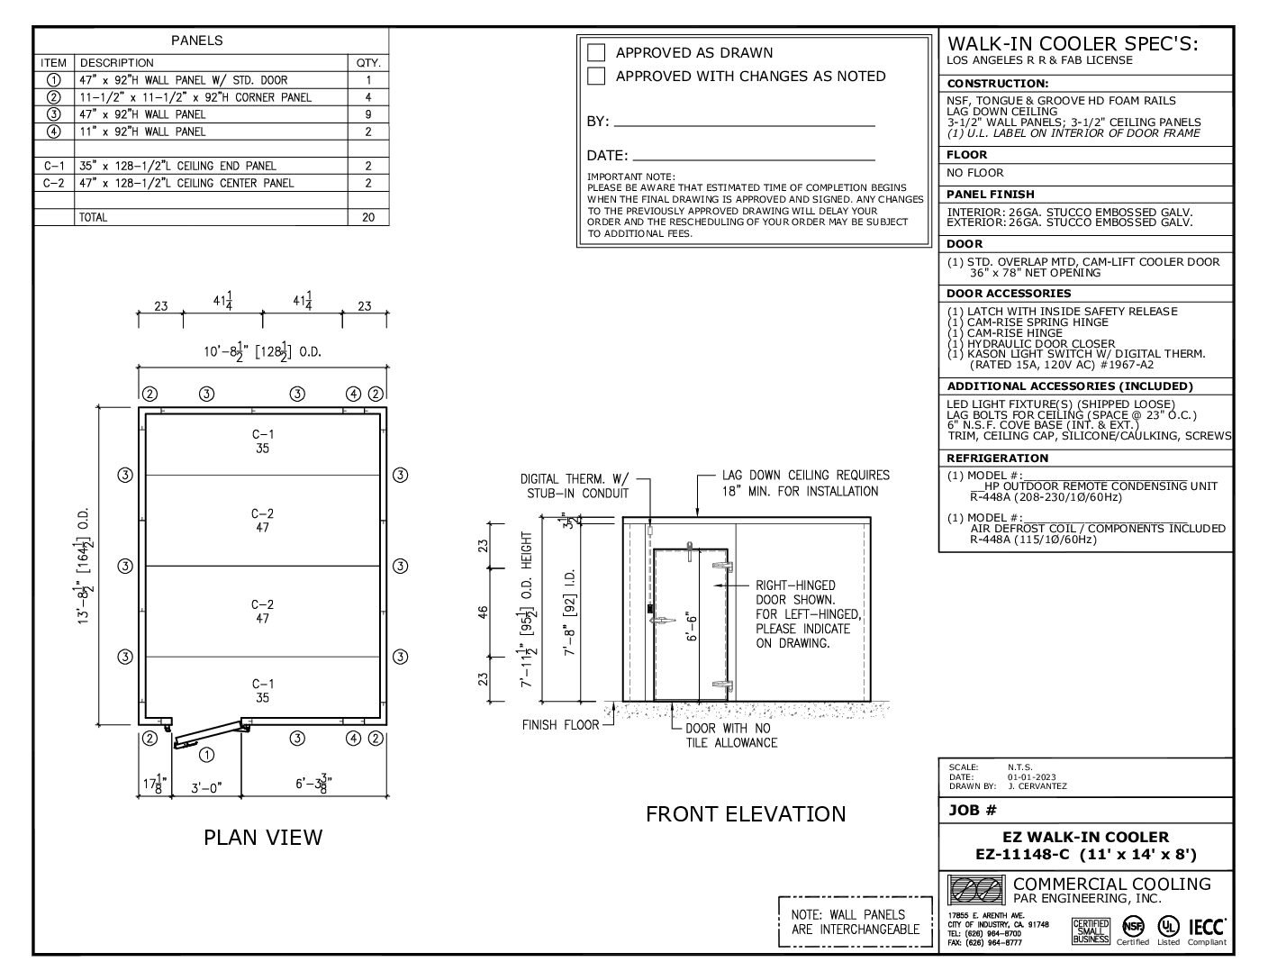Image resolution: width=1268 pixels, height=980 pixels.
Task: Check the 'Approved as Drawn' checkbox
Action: [x=596, y=52]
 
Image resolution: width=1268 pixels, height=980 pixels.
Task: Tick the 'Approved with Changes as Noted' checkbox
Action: [x=596, y=77]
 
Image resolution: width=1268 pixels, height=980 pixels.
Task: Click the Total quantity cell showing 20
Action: [x=368, y=217]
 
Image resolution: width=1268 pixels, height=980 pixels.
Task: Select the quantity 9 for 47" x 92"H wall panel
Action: [x=368, y=114]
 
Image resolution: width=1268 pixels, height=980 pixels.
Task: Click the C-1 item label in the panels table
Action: [x=54, y=166]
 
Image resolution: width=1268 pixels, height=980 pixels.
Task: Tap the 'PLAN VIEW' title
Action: [x=262, y=838]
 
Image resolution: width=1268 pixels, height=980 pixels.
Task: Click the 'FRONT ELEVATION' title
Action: [x=746, y=814]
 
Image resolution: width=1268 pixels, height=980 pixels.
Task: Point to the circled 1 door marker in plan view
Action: [x=206, y=754]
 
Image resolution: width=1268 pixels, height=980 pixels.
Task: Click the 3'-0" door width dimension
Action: [x=206, y=787]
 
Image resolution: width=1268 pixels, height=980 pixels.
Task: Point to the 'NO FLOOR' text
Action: [x=974, y=173]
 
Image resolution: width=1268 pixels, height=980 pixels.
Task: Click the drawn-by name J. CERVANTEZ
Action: [x=1037, y=786]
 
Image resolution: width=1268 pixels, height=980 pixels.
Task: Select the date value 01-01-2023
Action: [x=1032, y=777]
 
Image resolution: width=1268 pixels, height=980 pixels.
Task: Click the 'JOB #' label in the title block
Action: [x=973, y=810]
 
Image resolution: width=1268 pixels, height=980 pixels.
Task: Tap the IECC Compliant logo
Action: [x=1207, y=930]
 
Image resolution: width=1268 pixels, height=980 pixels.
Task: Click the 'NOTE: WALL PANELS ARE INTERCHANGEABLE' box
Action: [x=855, y=921]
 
